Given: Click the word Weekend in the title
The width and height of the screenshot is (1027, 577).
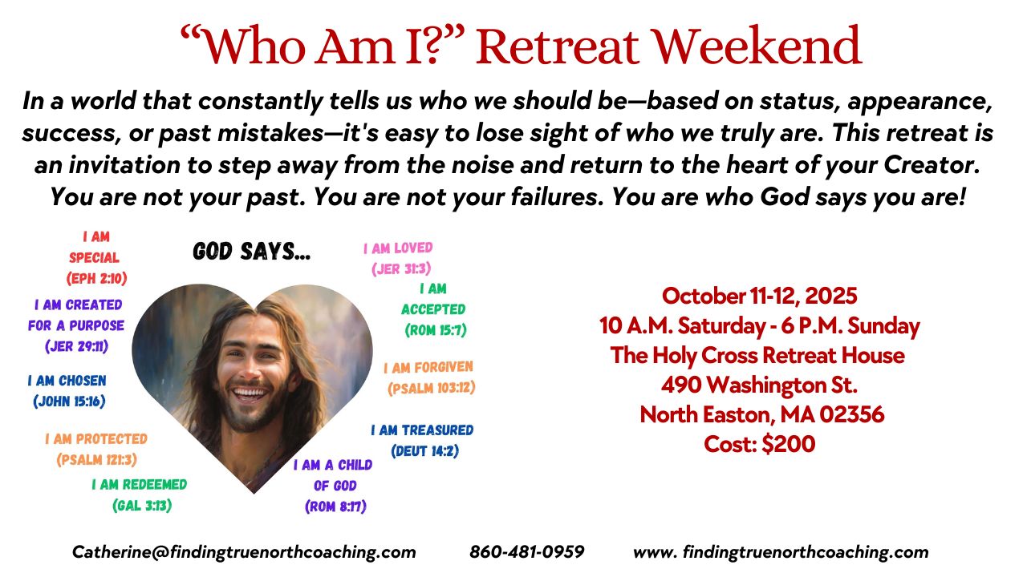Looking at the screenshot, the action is click(x=757, y=46).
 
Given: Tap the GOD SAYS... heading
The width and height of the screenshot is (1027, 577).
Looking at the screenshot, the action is click(x=252, y=252).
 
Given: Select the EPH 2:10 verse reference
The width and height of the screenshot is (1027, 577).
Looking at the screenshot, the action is click(x=97, y=278).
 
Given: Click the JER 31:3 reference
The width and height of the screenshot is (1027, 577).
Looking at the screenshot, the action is click(x=402, y=268).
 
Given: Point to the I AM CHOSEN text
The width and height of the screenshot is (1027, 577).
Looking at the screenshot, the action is click(x=67, y=381).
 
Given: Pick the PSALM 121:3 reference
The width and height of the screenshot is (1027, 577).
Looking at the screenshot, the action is click(x=97, y=460).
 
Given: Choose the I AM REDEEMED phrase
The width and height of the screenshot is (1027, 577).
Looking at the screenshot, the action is click(x=140, y=485).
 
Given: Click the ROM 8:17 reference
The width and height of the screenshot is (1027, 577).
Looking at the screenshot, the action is click(x=335, y=506).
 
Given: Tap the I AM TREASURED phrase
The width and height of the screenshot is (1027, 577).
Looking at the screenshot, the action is click(x=422, y=430).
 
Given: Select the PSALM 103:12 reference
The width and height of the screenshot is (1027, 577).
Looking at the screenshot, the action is click(x=432, y=389).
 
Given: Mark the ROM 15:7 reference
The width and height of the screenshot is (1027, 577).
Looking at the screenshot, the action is click(x=436, y=330).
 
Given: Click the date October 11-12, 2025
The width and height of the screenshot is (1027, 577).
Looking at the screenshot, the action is click(x=759, y=297).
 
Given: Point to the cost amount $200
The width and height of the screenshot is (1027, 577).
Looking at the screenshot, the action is click(x=789, y=444).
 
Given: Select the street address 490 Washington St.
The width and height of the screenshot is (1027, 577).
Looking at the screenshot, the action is click(x=759, y=385).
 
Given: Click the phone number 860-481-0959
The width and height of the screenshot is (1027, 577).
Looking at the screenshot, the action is click(x=527, y=552).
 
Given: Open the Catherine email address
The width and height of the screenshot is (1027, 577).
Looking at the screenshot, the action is click(x=244, y=553).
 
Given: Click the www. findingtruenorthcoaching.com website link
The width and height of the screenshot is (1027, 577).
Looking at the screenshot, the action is click(x=781, y=553).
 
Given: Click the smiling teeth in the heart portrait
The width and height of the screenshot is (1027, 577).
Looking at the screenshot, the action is click(x=250, y=393).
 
